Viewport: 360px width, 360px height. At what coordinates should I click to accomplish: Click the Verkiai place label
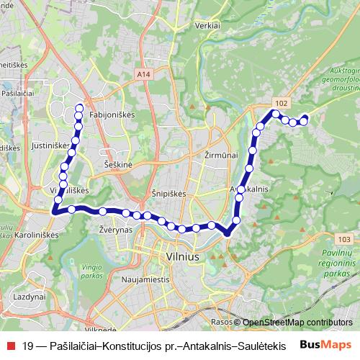207,25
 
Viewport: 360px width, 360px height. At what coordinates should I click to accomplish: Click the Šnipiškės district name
170,194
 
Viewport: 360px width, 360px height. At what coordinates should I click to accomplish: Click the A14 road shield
143,73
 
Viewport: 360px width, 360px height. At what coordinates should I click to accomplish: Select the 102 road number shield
282,104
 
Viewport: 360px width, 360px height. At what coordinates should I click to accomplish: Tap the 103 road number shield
343,239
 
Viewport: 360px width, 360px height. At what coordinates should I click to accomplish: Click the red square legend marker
10,345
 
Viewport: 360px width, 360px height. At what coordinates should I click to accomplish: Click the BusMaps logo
326,344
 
